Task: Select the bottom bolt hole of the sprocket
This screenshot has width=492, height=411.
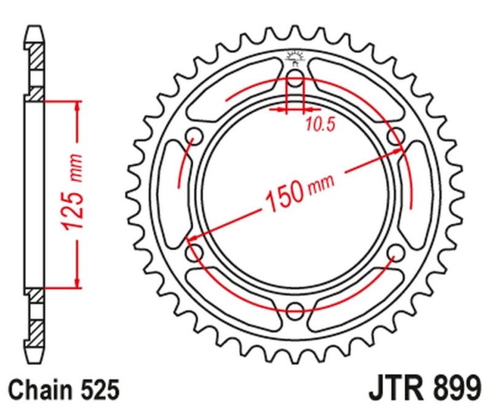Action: tap(295, 309)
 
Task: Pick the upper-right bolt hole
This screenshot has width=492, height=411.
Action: tap(395, 136)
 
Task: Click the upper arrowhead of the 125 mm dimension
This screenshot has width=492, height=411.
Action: tap(77, 106)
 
